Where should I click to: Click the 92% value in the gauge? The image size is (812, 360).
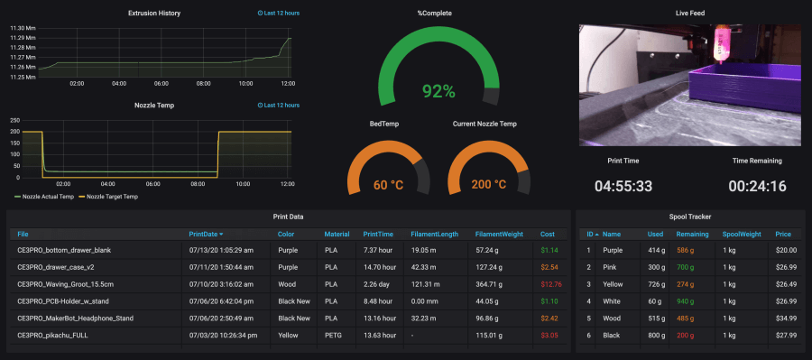(438, 91)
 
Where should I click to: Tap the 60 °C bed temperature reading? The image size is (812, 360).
(393, 185)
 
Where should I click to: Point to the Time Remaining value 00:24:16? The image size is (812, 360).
(757, 188)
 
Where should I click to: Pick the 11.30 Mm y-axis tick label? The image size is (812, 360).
(22, 28)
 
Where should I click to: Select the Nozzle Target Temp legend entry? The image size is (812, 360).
(110, 197)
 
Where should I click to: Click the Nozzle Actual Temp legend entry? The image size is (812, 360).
(45, 197)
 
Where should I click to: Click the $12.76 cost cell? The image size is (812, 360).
(550, 283)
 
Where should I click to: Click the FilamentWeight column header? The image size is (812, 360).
(499, 234)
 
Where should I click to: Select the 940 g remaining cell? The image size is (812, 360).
(685, 300)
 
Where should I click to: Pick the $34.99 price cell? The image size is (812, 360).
(786, 318)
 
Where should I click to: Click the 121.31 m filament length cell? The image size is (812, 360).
(425, 283)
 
